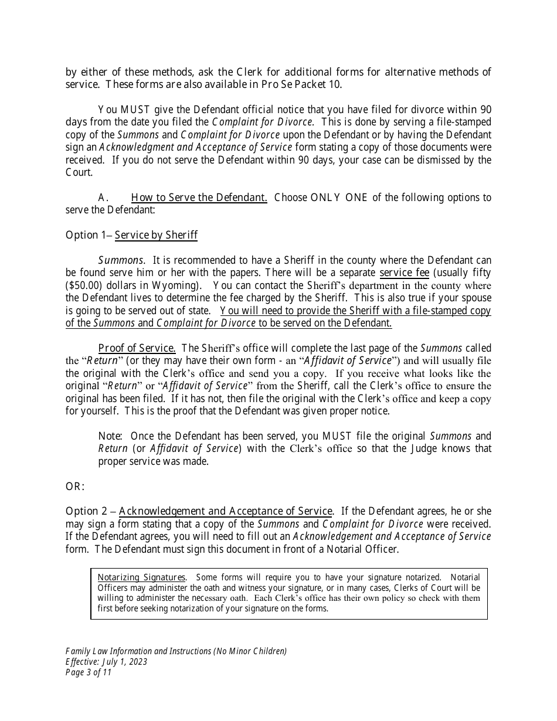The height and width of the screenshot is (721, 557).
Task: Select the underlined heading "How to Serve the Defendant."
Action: point(199,198)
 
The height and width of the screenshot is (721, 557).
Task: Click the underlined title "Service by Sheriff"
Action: point(156,235)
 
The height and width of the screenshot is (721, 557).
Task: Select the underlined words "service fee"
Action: point(404,273)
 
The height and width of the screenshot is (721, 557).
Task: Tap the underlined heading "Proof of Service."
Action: point(137,348)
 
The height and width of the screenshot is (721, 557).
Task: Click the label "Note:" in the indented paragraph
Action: point(110,436)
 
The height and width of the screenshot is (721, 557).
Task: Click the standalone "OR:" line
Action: point(75,487)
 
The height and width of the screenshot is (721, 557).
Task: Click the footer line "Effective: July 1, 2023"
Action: point(106,662)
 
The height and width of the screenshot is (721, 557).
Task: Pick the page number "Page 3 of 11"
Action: point(88,672)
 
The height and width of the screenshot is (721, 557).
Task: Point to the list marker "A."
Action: point(103,198)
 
